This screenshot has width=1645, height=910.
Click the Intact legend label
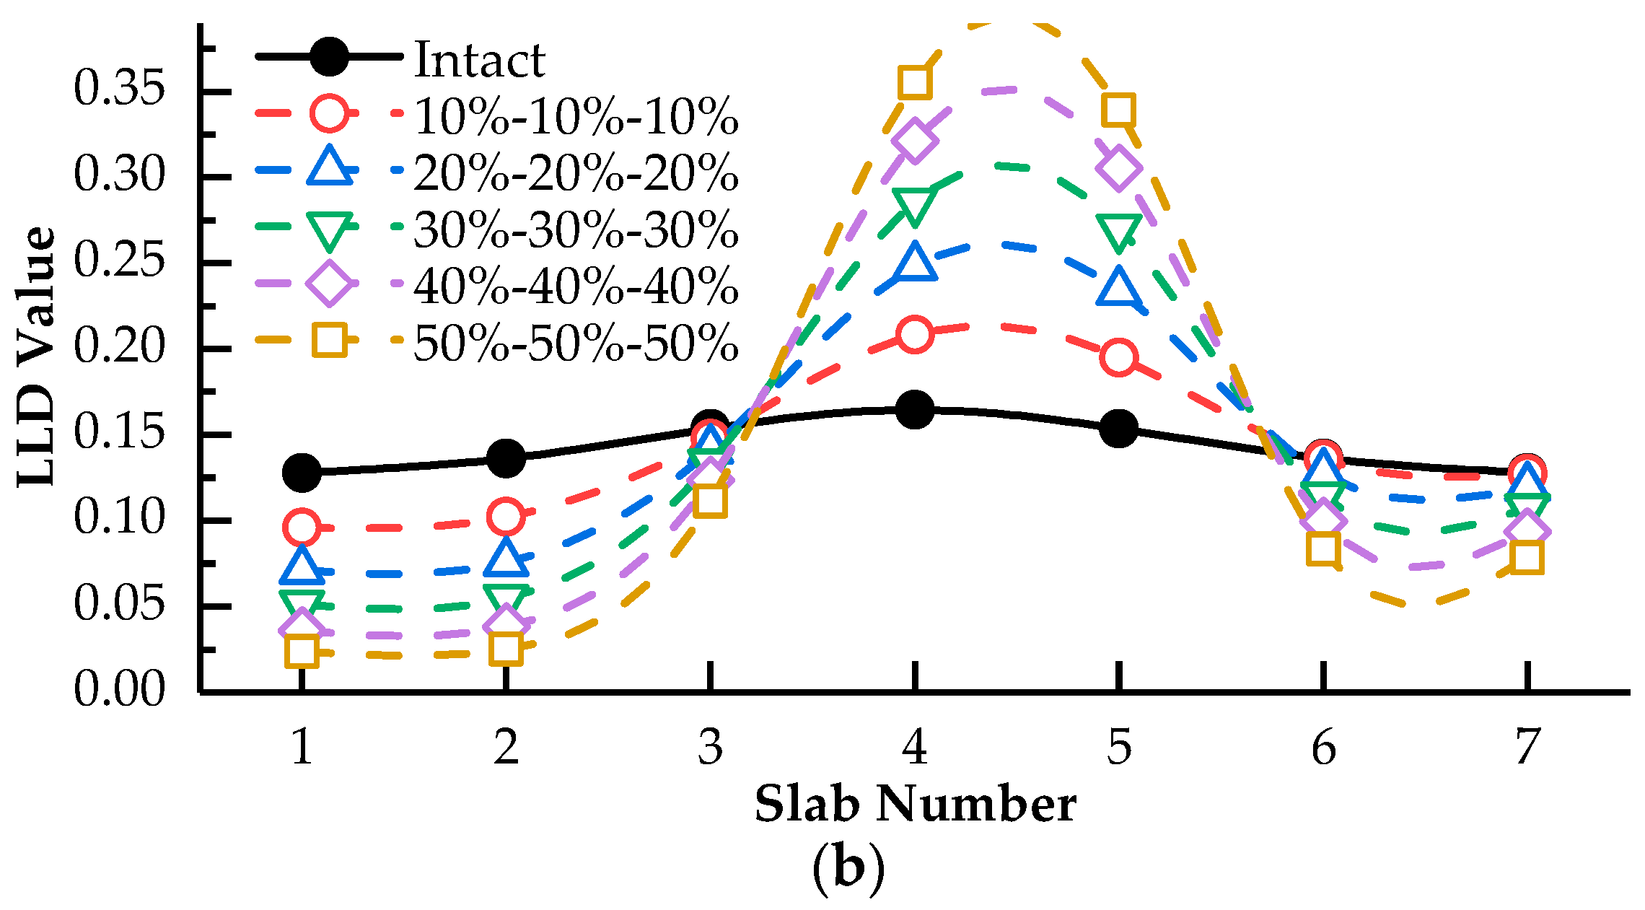479,59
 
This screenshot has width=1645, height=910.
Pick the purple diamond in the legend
329,284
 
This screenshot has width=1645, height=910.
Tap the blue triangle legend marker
330,168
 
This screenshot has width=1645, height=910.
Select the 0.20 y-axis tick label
120,346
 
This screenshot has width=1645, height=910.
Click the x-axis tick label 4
914,747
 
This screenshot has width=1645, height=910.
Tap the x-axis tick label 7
1527,747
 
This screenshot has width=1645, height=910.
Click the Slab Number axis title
915,805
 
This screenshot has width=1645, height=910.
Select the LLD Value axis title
36,357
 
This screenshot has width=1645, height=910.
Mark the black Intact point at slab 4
914,410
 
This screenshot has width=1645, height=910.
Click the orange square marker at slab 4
914,82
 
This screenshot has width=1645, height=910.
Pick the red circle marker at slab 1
302,527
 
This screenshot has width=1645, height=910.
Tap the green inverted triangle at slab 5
1118,231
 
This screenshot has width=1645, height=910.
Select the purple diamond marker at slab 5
1118,168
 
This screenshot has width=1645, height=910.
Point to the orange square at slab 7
1527,557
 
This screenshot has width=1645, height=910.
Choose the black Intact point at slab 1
302,472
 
